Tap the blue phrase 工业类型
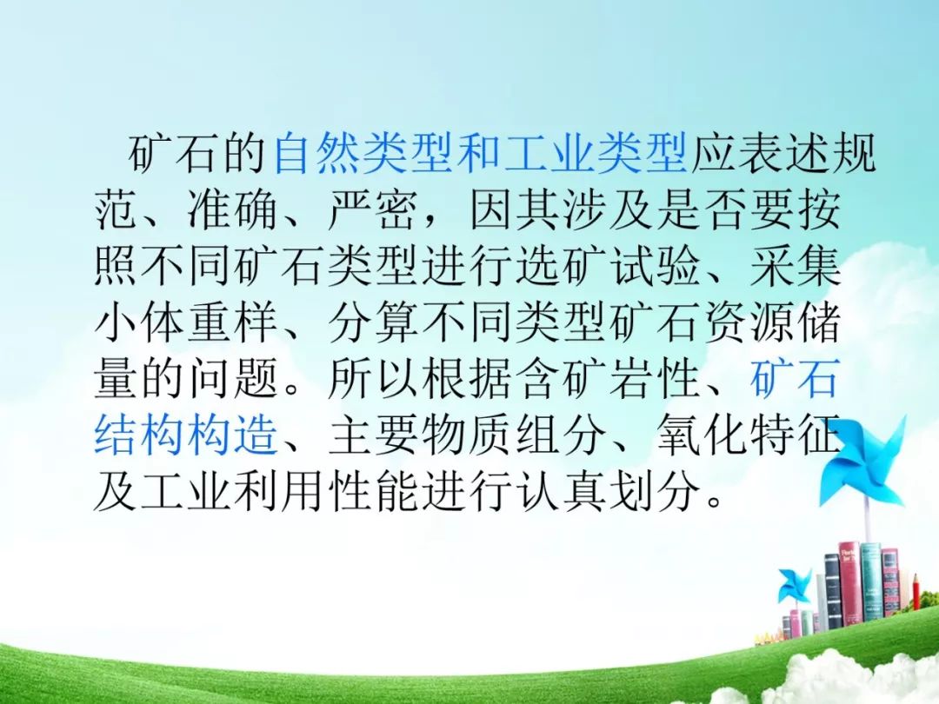[x=596, y=153]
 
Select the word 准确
[x=233, y=209]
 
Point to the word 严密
[x=372, y=209]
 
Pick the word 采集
[x=795, y=266]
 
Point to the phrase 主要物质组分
[x=465, y=435]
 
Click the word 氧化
[x=701, y=435]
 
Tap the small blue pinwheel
[x=795, y=586]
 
